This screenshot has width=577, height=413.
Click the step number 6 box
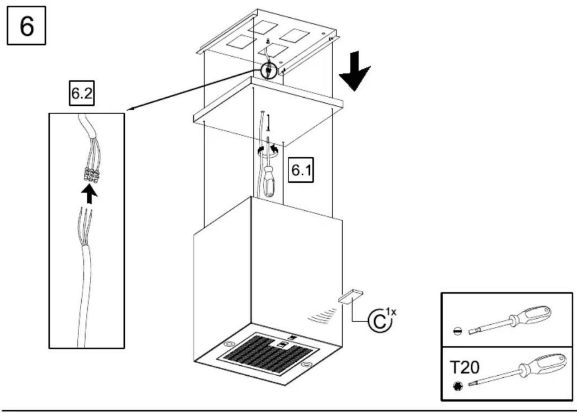(27, 25)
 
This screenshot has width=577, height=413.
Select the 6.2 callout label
(82, 93)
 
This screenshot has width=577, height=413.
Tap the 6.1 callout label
(301, 170)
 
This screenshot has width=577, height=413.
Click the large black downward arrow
(355, 71)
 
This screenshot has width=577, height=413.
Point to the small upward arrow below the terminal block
(89, 195)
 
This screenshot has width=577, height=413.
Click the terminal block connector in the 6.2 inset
(92, 175)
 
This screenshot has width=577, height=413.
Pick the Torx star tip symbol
(458, 385)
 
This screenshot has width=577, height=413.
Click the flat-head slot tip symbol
(458, 330)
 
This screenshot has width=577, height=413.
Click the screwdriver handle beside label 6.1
(268, 181)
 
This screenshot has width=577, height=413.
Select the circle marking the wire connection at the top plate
(268, 71)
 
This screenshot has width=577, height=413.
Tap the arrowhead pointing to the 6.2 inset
(131, 108)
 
